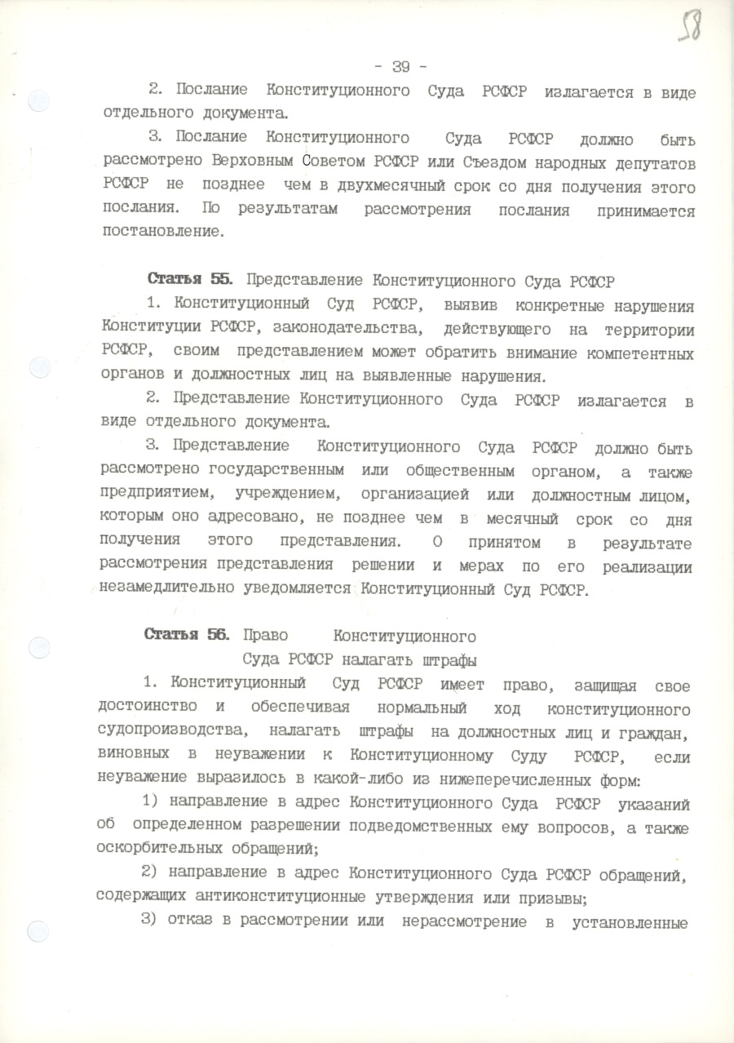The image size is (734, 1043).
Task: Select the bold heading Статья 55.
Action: tap(188, 280)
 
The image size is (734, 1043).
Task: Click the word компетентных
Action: tap(637, 354)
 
